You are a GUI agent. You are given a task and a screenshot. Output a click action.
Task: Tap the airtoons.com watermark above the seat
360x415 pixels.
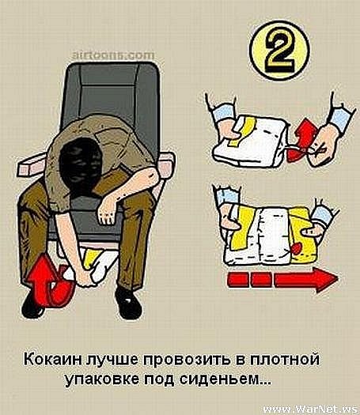pos(113,55)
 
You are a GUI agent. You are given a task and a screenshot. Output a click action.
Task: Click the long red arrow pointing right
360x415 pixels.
pos(282,280)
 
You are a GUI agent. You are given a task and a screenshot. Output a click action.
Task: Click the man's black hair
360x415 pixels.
pos(79,164)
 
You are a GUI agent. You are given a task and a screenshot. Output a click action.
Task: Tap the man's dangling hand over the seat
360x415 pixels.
pos(108,211)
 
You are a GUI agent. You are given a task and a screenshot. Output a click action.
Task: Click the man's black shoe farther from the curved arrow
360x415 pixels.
pos(128,303)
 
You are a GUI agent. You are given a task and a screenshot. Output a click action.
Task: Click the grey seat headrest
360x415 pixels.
pos(111,87)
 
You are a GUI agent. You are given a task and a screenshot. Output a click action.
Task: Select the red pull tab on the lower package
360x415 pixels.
pos(296,248)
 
